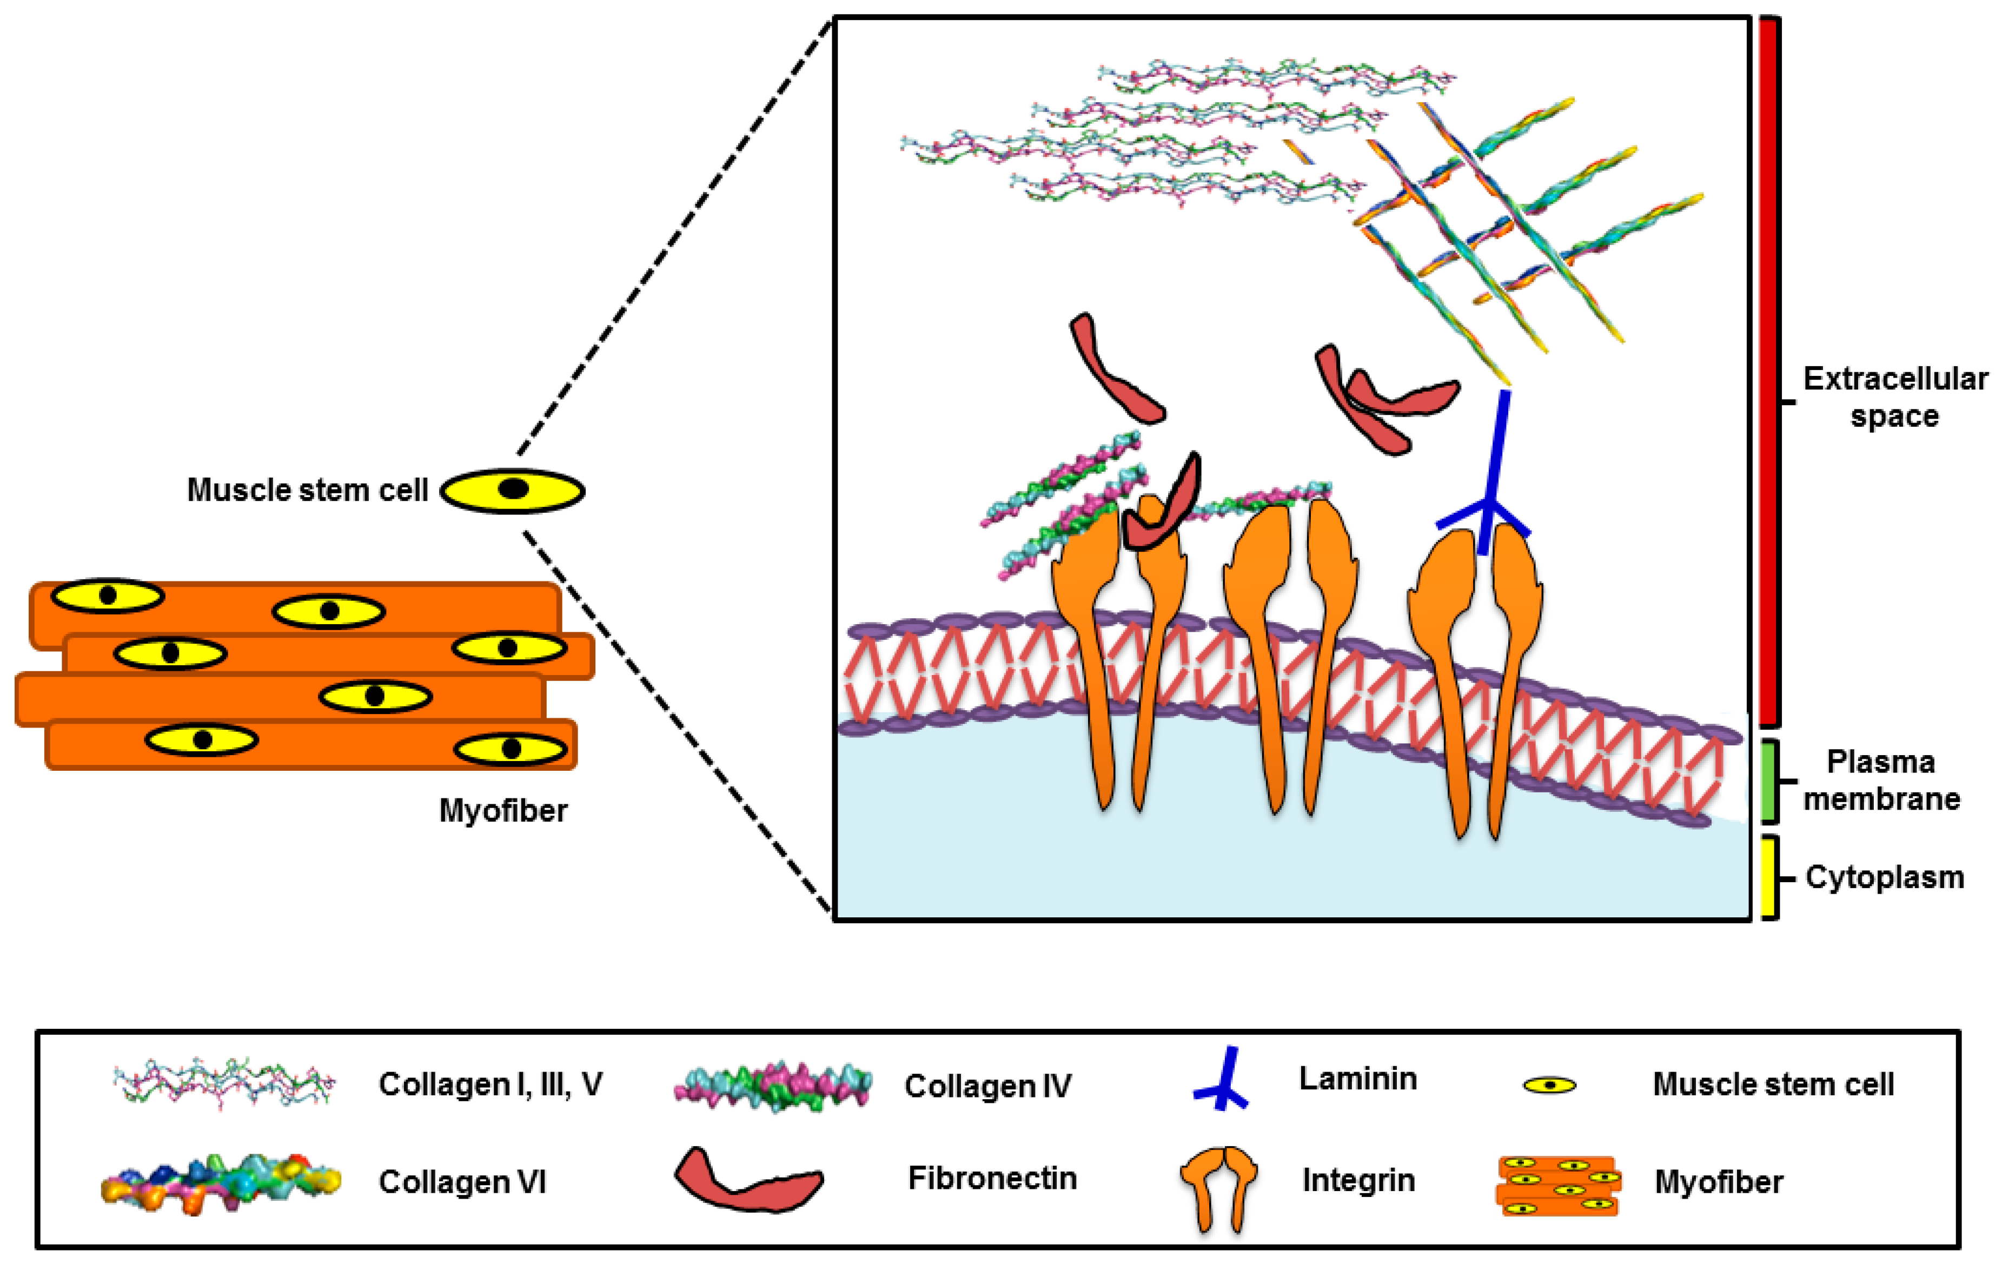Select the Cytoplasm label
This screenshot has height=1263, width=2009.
[1884, 877]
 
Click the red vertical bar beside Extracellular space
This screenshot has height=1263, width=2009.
[1769, 371]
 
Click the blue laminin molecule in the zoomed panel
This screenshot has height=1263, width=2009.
[1489, 484]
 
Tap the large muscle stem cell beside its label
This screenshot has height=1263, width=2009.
[512, 491]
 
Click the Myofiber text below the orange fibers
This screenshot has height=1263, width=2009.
[503, 810]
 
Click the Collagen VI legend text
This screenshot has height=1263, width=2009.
[462, 1181]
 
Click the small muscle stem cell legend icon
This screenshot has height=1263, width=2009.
[1549, 1085]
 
